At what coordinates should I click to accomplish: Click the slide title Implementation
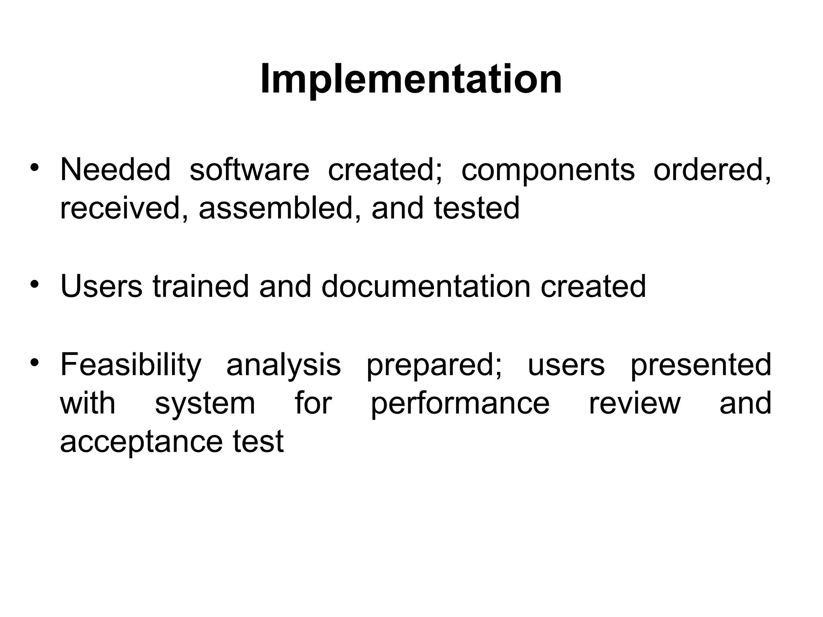pyautogui.click(x=411, y=80)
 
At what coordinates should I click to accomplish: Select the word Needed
pyautogui.click(x=116, y=170)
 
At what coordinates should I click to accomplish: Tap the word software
pyautogui.click(x=249, y=170)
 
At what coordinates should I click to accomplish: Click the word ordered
pyautogui.click(x=712, y=170)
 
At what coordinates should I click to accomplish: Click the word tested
pyautogui.click(x=477, y=208)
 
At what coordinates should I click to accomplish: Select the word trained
pyautogui.click(x=201, y=286)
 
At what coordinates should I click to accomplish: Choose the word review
pyautogui.click(x=635, y=404)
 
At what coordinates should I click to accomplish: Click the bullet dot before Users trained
pyautogui.click(x=35, y=284)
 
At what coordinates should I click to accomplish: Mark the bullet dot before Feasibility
pyautogui.click(x=35, y=363)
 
